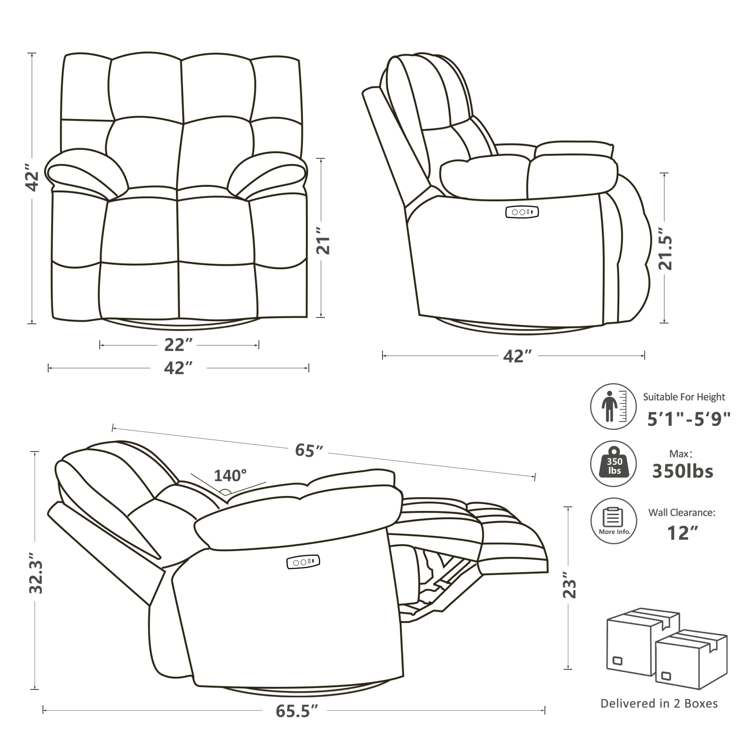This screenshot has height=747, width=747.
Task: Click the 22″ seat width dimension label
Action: [178, 345]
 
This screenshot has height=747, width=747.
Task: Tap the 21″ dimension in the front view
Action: [322, 240]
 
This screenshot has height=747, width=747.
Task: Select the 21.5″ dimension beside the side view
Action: [665, 253]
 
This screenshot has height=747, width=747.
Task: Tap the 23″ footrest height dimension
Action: [569, 585]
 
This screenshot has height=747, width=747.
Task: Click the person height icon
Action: [613, 406]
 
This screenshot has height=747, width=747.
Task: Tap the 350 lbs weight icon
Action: [613, 464]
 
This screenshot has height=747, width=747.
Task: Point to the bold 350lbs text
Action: [683, 471]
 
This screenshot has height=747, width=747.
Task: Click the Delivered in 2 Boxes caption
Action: [659, 703]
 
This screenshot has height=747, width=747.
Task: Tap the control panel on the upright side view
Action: [522, 212]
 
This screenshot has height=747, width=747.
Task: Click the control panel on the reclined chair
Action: [303, 562]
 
